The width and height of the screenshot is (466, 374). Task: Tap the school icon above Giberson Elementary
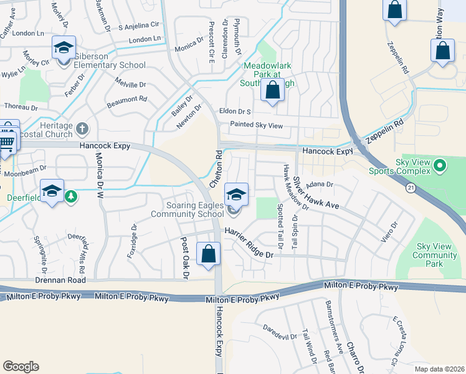[x=64, y=49]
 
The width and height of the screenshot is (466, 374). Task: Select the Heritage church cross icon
[x=82, y=129]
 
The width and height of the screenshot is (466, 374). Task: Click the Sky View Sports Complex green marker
[x=440, y=166]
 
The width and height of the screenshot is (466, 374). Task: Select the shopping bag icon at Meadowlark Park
[x=273, y=90]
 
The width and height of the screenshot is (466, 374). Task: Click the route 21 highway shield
[x=410, y=187]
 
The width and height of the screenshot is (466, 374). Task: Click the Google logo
[x=21, y=366]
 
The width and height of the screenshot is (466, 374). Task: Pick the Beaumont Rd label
[x=126, y=98]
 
